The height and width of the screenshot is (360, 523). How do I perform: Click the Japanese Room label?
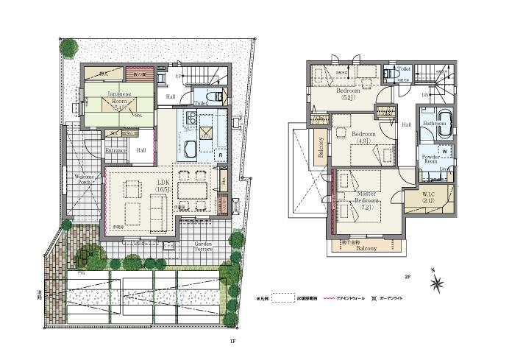[x=119, y=99]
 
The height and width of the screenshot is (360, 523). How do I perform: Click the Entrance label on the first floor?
[x=116, y=150]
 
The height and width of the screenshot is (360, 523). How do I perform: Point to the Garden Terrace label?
[x=203, y=247]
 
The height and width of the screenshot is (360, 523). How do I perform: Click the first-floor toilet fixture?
[x=216, y=96]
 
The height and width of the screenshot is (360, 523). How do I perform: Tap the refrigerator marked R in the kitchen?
[x=220, y=155]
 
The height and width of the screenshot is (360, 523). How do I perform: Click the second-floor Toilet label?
[x=404, y=68]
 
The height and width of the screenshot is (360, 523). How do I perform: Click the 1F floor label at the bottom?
[x=232, y=342]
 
